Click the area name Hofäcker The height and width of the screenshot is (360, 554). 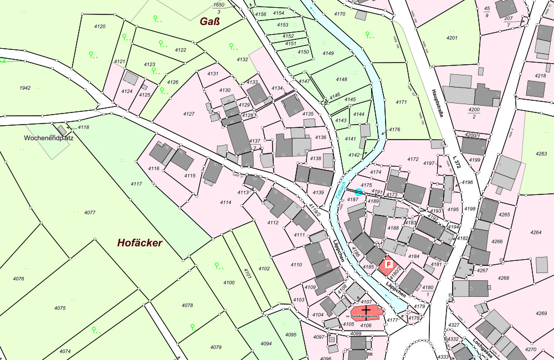click(140, 243)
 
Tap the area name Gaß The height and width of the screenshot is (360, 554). click(210, 22)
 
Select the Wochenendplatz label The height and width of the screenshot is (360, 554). click(49, 137)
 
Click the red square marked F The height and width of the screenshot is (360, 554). click(388, 265)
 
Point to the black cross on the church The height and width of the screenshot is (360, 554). click(366, 310)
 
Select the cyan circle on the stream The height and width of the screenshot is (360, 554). click(358, 192)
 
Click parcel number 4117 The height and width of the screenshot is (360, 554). click(136, 183)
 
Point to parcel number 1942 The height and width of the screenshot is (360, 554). click(24, 88)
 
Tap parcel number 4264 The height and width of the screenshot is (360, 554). click(536, 233)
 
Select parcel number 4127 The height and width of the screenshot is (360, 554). click(189, 114)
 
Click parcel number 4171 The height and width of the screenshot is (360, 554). click(401, 102)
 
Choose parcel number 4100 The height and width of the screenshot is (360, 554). click(229, 282)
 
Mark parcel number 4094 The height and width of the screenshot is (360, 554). click(266, 343)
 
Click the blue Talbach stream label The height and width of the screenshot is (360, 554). click(341, 194)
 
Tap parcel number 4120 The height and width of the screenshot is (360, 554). click(100, 27)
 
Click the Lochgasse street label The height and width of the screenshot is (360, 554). click(483, 347)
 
